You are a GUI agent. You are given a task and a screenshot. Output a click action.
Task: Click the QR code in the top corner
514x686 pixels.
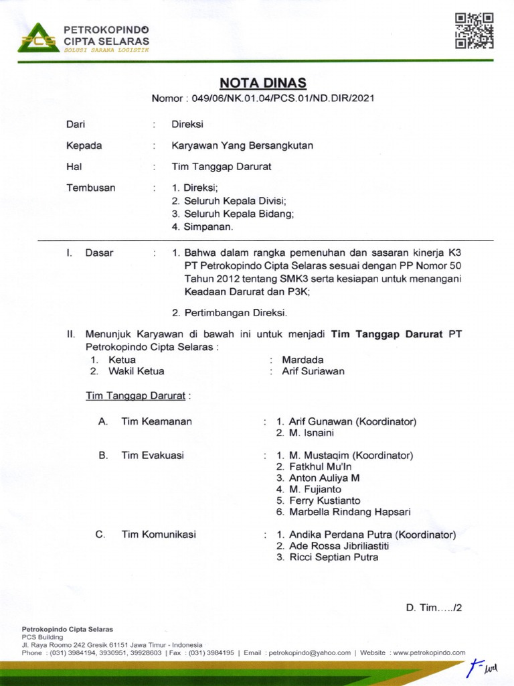tap(474, 30)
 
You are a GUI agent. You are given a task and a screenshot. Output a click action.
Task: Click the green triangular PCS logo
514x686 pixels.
tap(37, 38)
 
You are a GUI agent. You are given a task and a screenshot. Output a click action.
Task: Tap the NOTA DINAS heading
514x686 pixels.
tap(263, 83)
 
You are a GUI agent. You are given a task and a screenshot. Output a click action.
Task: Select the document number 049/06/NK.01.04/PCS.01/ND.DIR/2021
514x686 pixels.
tap(282, 98)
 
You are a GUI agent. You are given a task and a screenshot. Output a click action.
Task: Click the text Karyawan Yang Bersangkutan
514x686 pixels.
tap(242, 145)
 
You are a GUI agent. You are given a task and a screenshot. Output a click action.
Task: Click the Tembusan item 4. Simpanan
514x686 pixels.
tap(202, 226)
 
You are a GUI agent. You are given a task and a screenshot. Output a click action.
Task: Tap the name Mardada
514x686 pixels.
tap(303, 360)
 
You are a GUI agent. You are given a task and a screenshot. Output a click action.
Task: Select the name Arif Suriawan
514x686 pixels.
tap(313, 370)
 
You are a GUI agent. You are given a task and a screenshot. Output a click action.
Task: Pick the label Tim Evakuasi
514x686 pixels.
tap(153, 456)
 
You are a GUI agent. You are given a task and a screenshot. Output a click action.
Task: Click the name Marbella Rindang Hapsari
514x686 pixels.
tap(349, 512)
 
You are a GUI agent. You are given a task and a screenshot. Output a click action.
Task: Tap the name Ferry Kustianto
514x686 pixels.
tap(324, 500)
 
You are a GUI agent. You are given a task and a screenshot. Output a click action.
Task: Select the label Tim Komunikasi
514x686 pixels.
tap(159, 535)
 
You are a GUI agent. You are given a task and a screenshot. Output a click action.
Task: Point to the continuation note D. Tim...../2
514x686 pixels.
tap(434, 608)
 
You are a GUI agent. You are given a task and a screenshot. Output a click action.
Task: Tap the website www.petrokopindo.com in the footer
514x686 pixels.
tap(429, 653)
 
